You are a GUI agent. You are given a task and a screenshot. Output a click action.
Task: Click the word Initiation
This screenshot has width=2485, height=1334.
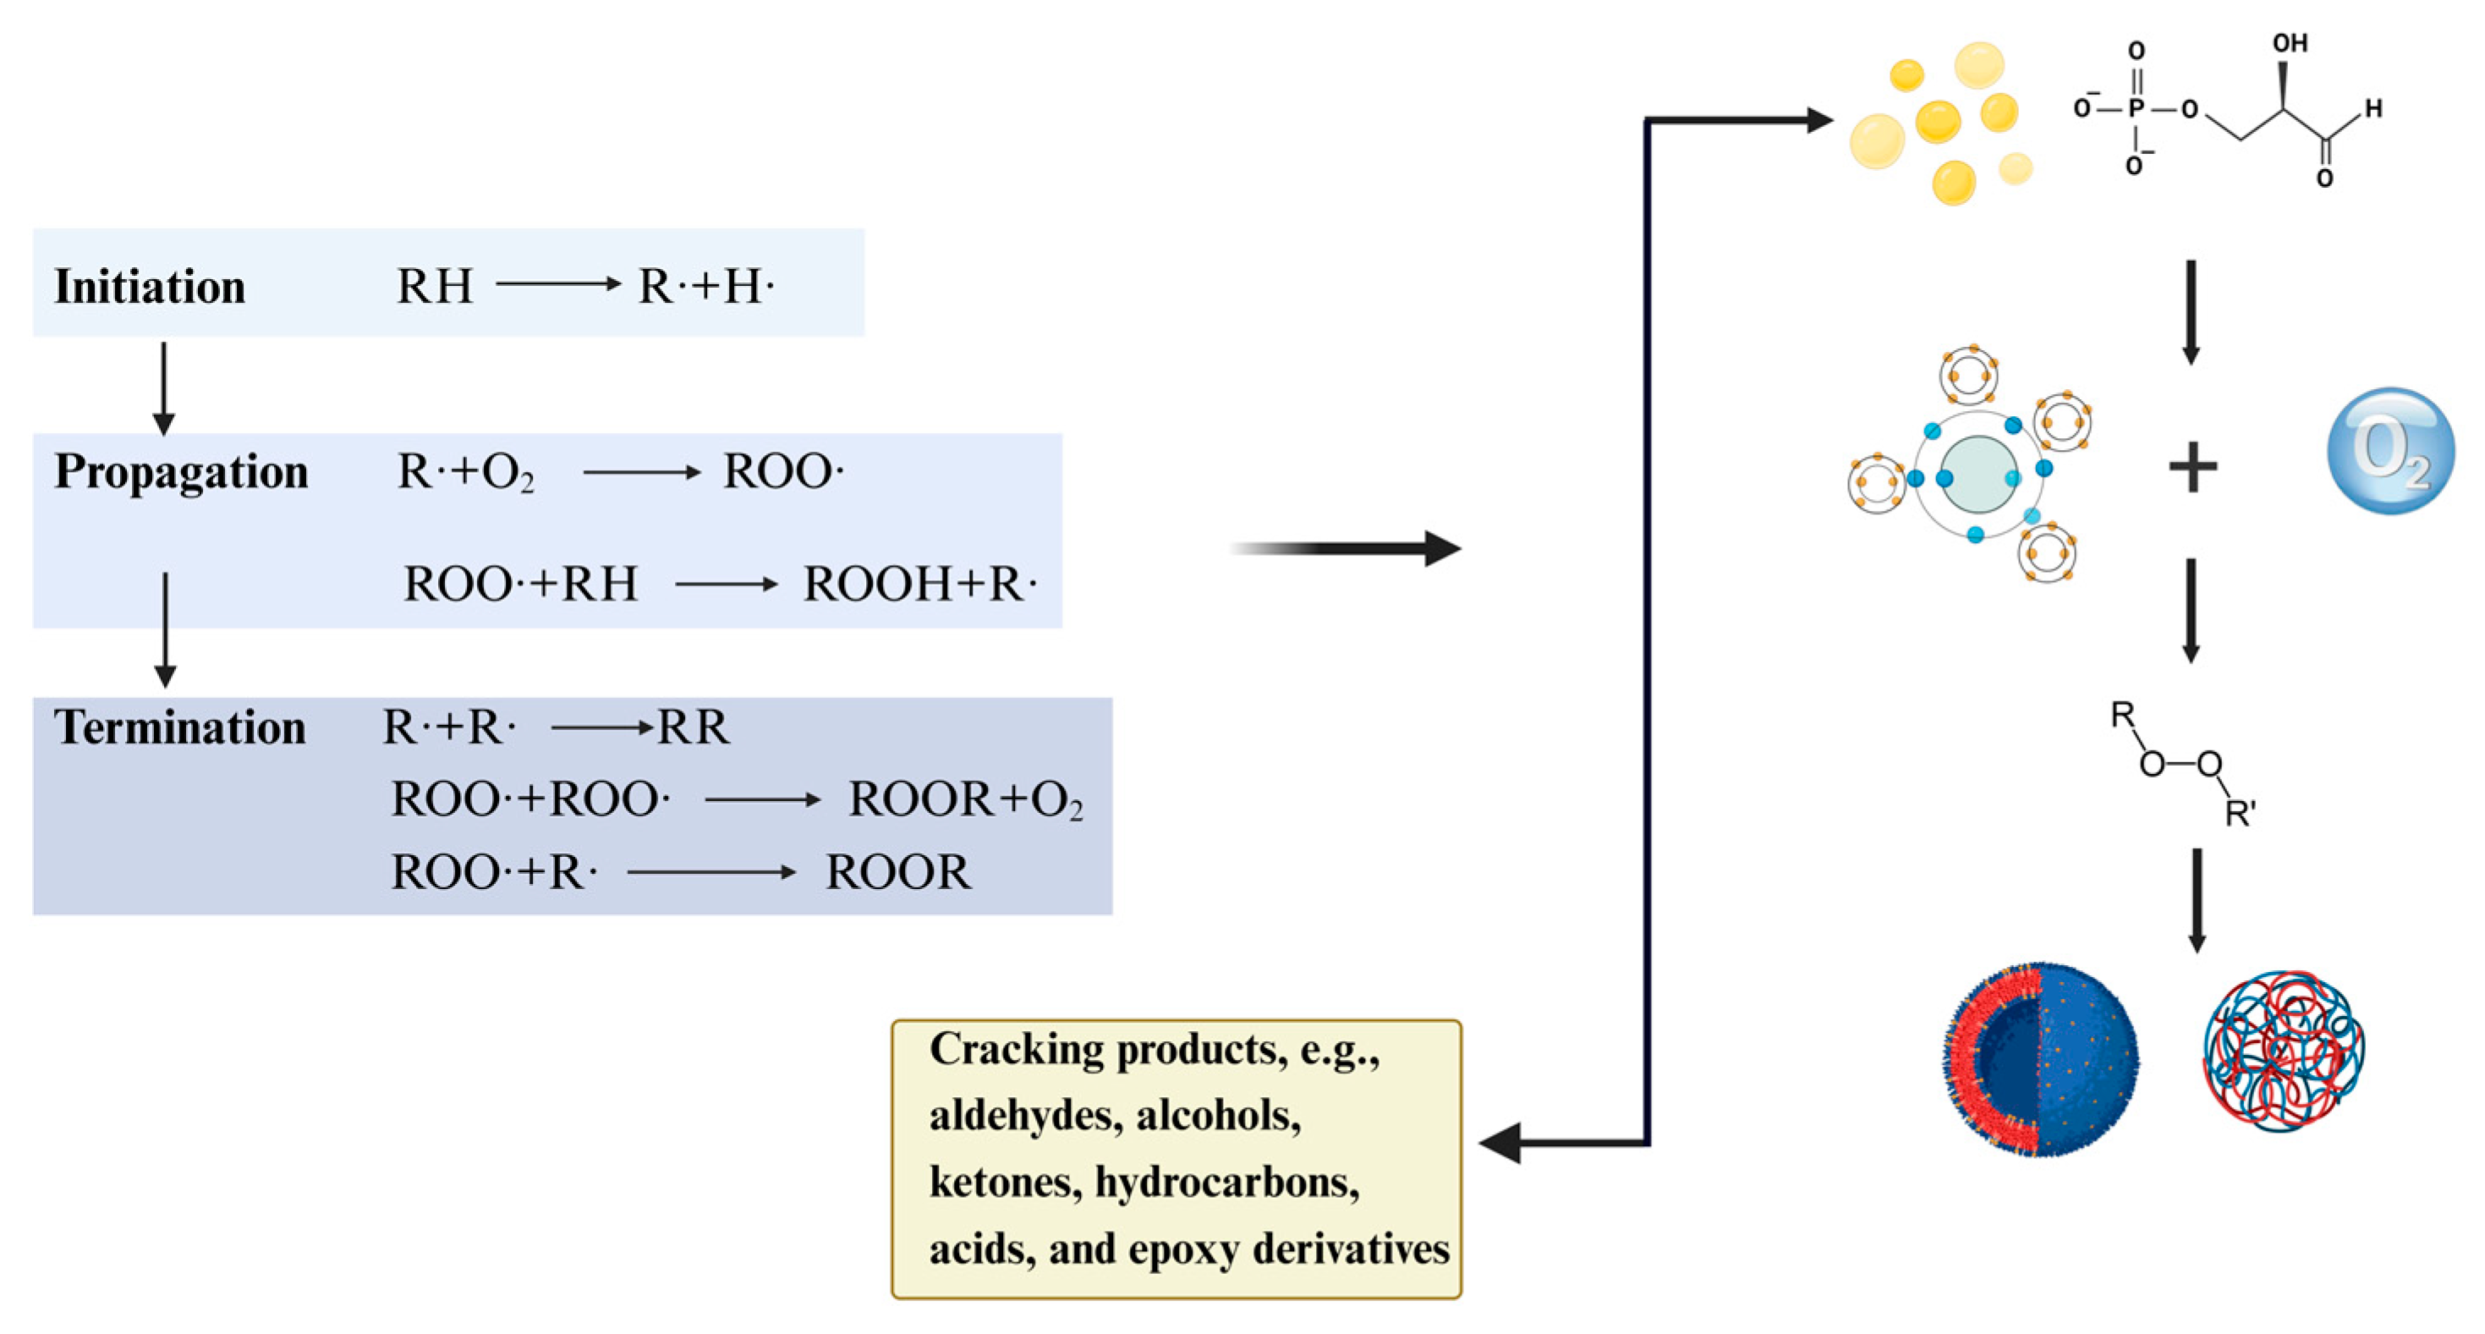pyautogui.click(x=150, y=288)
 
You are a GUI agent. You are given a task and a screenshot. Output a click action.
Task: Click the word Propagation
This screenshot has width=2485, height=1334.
pyautogui.click(x=181, y=473)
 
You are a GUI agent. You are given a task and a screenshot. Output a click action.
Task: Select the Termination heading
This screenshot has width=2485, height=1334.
pyautogui.click(x=179, y=727)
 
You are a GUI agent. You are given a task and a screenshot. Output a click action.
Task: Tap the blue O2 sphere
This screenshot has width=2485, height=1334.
pyautogui.click(x=2389, y=451)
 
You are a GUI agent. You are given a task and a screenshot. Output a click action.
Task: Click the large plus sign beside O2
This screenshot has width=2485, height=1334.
pyautogui.click(x=2192, y=468)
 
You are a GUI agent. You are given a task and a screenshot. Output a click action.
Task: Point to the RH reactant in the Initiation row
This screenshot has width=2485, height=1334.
pyautogui.click(x=435, y=288)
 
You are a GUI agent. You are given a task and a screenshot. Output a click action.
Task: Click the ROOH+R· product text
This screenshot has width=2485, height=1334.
pyautogui.click(x=919, y=585)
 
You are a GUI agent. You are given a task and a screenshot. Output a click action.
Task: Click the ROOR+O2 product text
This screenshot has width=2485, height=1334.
pyautogui.click(x=965, y=799)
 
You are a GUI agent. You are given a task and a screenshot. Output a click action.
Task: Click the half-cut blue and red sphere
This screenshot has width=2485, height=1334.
pyautogui.click(x=2042, y=1059)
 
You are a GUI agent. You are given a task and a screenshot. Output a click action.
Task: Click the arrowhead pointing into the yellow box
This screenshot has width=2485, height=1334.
pyautogui.click(x=1501, y=1144)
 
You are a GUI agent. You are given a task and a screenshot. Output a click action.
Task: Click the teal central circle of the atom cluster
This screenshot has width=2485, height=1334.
pyautogui.click(x=1978, y=475)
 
